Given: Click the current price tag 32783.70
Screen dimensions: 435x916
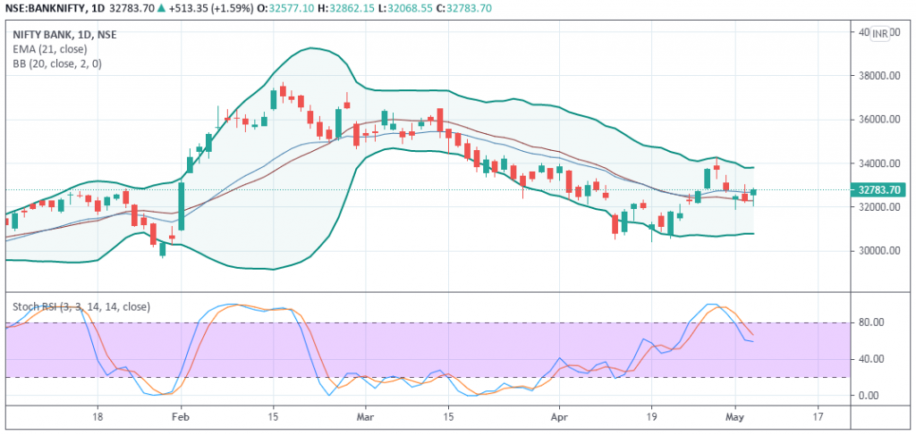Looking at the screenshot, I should [x=878, y=189].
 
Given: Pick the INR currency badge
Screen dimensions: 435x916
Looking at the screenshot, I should [x=886, y=33].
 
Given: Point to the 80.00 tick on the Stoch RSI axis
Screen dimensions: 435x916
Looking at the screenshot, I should [x=870, y=322].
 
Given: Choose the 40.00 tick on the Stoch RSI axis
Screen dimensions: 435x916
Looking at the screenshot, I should [x=870, y=359].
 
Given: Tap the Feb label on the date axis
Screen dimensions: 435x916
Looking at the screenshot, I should [x=180, y=417].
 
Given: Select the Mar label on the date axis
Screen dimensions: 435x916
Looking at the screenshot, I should [x=364, y=417].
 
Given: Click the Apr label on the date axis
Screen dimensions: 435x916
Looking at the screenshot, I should [x=560, y=417].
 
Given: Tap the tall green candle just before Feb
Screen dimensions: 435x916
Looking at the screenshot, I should [x=181, y=206].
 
